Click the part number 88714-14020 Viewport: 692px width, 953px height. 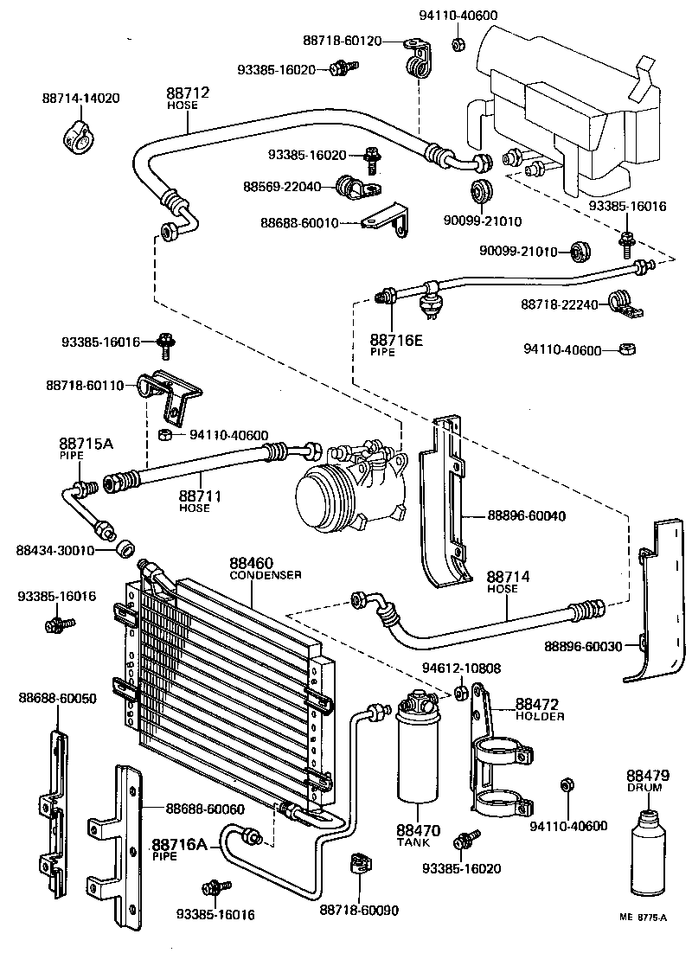80,99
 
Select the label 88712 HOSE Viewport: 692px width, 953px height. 188,97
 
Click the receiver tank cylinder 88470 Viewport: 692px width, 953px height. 419,752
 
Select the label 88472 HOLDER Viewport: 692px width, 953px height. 539,709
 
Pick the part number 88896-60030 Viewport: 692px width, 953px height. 583,646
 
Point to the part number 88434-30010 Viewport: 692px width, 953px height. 54,550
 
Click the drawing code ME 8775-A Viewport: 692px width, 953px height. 644,919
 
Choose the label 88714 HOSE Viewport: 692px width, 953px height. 502,581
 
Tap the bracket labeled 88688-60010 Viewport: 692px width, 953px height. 387,220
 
